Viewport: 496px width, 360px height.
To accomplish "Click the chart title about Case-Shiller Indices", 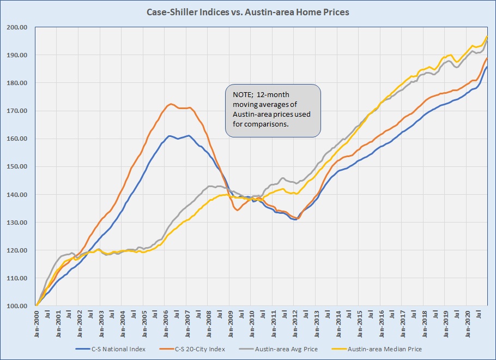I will point(247,12).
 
